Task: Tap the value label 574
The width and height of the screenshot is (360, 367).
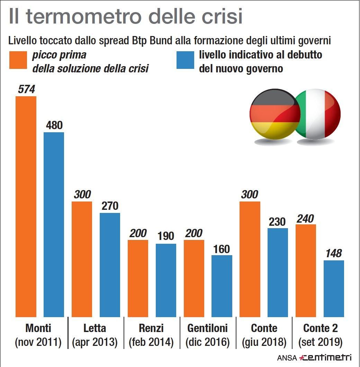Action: click(26, 89)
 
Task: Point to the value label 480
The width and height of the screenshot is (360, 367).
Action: click(54, 125)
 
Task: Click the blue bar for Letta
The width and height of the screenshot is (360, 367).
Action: click(110, 265)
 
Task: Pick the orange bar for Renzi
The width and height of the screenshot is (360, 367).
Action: click(138, 278)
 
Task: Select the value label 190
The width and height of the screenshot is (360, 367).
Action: click(166, 237)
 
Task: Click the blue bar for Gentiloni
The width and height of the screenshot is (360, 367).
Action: click(222, 286)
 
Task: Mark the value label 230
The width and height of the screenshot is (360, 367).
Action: click(278, 222)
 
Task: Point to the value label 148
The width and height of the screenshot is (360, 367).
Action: click(334, 254)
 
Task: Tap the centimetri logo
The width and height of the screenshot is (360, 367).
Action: click(325, 357)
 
